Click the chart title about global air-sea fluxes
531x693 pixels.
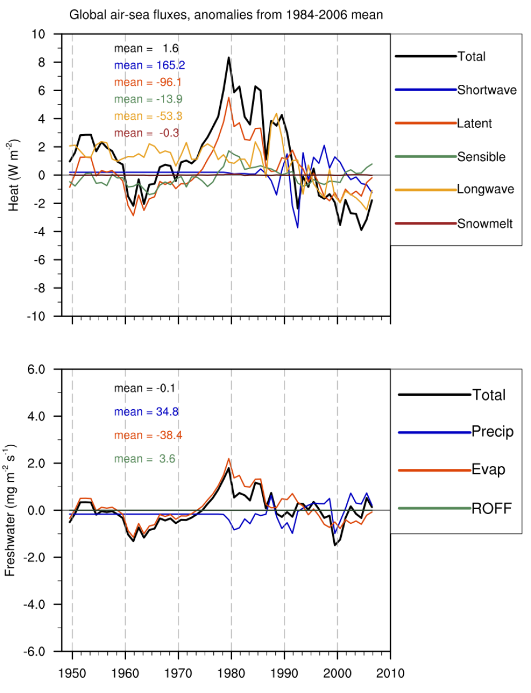pyautogui.click(x=226, y=15)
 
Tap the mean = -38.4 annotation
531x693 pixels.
pyautogui.click(x=148, y=435)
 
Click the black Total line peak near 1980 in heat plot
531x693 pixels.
pyautogui.click(x=229, y=57)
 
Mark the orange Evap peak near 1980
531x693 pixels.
pyautogui.click(x=229, y=459)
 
